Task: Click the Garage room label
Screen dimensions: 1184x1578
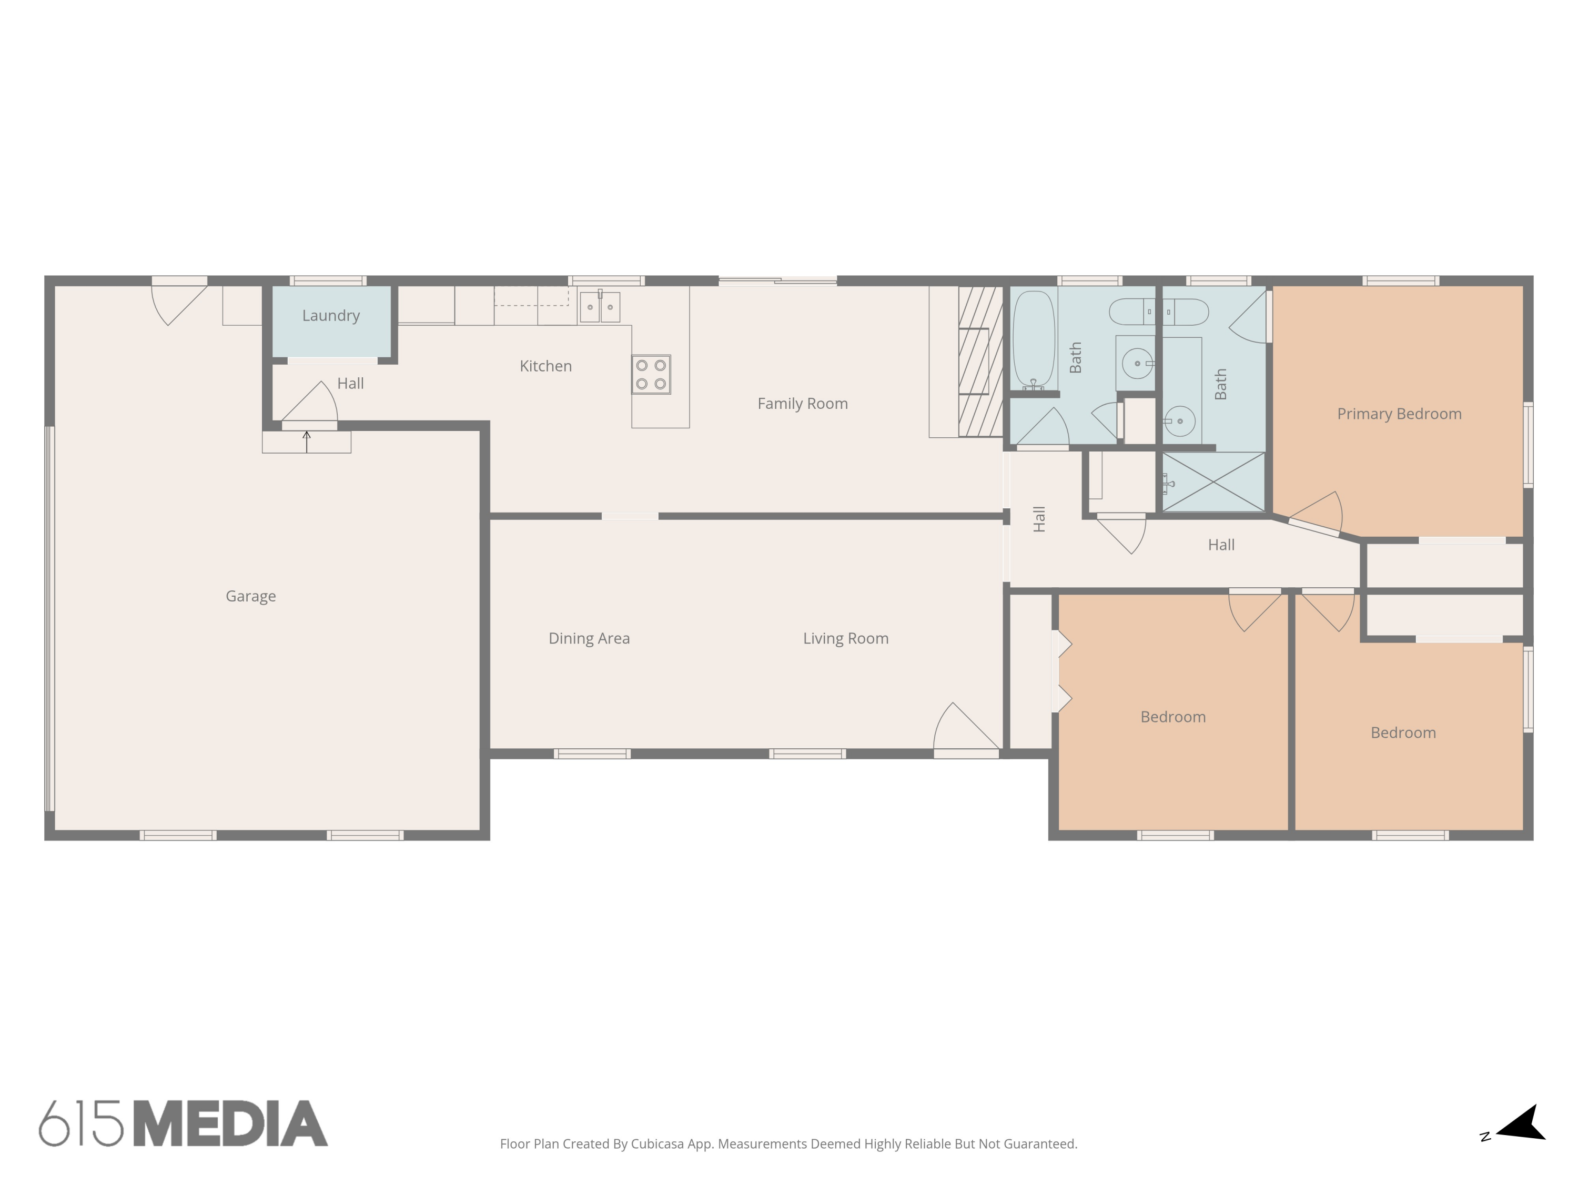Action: click(x=250, y=596)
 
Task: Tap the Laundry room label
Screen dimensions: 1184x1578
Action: click(x=330, y=315)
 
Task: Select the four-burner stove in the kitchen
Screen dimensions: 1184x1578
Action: click(x=651, y=375)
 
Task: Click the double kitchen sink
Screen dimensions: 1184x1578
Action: click(x=599, y=307)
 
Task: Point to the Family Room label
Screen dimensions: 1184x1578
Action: click(x=803, y=404)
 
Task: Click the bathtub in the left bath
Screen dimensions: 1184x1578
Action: click(x=1033, y=338)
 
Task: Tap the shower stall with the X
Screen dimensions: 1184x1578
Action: click(x=1213, y=483)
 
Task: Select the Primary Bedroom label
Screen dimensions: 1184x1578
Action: click(x=1399, y=414)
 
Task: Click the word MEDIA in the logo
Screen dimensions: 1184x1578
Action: click(x=230, y=1124)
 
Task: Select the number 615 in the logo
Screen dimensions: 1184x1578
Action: click(x=80, y=1124)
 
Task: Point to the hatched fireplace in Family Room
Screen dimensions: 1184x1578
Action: click(x=980, y=361)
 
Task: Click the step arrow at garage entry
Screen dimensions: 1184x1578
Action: click(x=307, y=441)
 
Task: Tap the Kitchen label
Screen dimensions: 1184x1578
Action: click(x=546, y=366)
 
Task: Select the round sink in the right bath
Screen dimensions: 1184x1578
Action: click(x=1179, y=421)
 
